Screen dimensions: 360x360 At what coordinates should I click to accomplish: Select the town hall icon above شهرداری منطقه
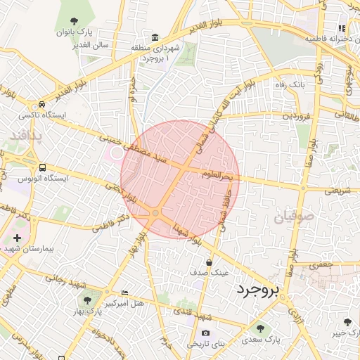pyautogui.click(x=155, y=37)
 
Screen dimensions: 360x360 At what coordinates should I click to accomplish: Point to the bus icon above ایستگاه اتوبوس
pyautogui.click(x=43, y=168)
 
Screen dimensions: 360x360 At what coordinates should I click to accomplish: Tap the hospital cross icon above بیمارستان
pyautogui.click(x=17, y=238)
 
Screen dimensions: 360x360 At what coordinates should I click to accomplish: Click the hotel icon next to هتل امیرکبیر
pyautogui.click(x=125, y=292)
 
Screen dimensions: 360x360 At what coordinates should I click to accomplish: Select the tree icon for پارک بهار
pyautogui.click(x=87, y=301)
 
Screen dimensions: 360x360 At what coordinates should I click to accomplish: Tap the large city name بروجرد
pyautogui.click(x=258, y=290)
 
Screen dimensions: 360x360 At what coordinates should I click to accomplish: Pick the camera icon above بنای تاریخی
pyautogui.click(x=205, y=333)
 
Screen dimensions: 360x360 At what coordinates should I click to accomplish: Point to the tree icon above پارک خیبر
pyautogui.click(x=347, y=323)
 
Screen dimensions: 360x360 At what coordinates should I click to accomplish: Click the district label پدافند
pyautogui.click(x=27, y=134)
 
